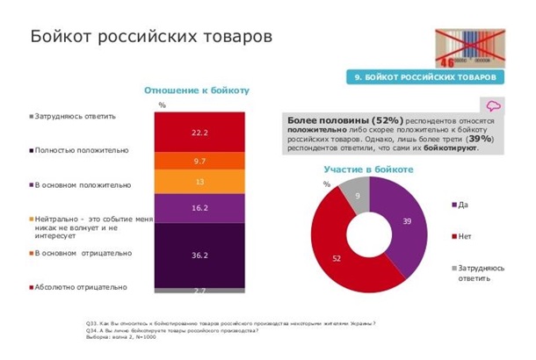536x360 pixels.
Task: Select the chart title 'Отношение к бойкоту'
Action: point(196,90)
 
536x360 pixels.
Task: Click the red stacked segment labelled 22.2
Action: point(198,132)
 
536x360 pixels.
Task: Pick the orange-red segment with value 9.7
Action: point(198,161)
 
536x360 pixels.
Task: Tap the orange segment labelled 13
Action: point(198,182)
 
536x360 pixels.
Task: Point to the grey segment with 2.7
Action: point(198,289)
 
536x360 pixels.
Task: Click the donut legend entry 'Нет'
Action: point(463,236)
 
